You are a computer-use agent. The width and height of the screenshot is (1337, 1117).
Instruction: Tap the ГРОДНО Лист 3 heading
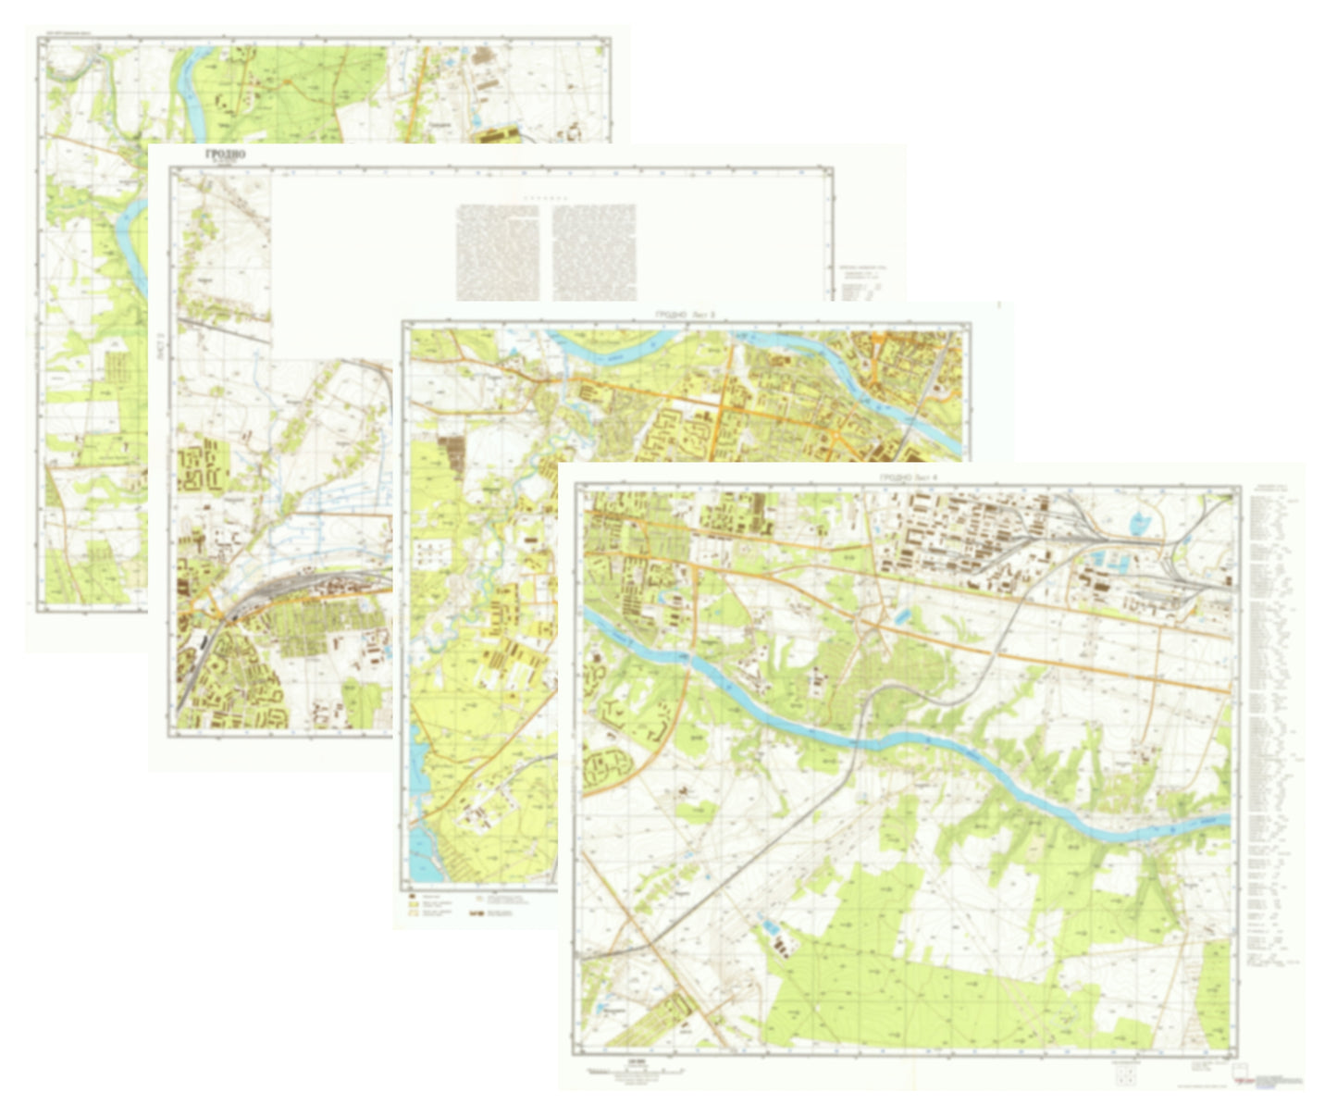coord(686,316)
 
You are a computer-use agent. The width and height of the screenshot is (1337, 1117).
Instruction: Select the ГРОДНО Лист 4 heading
coord(908,478)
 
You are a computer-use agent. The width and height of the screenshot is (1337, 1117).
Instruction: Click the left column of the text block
coord(498,252)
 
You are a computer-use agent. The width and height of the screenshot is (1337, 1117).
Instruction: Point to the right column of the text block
coord(594,252)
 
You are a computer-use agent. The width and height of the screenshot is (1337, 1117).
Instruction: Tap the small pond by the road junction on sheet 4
coord(901,614)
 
